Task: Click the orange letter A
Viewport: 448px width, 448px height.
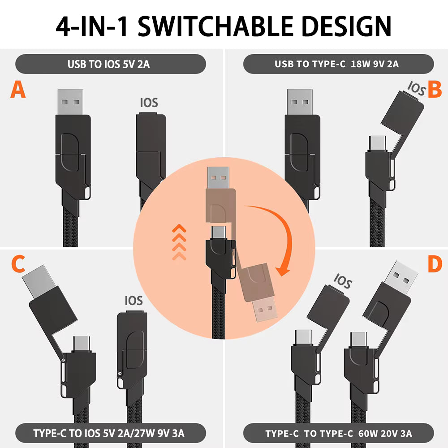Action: (18, 89)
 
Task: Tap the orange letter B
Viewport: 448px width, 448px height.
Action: (434, 89)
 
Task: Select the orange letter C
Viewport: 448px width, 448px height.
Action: (18, 265)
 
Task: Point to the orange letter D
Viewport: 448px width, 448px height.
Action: (434, 265)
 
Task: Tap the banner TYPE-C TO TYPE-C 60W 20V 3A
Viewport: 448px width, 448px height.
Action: (338, 433)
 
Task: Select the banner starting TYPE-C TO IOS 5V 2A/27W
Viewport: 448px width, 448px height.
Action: (109, 433)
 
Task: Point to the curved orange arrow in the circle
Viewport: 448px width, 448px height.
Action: (271, 233)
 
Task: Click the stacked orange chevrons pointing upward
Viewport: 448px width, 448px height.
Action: (179, 242)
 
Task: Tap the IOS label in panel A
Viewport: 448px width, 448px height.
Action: (149, 103)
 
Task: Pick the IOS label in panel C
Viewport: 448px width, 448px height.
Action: (134, 301)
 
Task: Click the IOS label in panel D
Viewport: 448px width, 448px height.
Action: (343, 283)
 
